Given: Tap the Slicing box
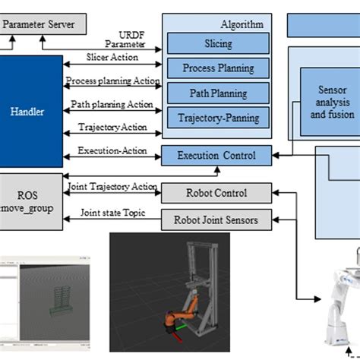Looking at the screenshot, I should pyautogui.click(x=218, y=43).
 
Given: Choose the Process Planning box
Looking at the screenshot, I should pyautogui.click(x=218, y=68).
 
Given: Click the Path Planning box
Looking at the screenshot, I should pyautogui.click(x=218, y=93).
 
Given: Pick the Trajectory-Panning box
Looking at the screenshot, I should pyautogui.click(x=218, y=118).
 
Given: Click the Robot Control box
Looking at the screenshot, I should pyautogui.click(x=216, y=193).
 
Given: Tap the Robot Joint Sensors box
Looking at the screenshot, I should pyautogui.click(x=216, y=221).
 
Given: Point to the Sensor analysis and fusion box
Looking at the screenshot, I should pyautogui.click(x=332, y=102).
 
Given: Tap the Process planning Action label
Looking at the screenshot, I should pyautogui.click(x=112, y=81).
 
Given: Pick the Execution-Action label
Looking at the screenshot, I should pyautogui.click(x=112, y=151).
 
